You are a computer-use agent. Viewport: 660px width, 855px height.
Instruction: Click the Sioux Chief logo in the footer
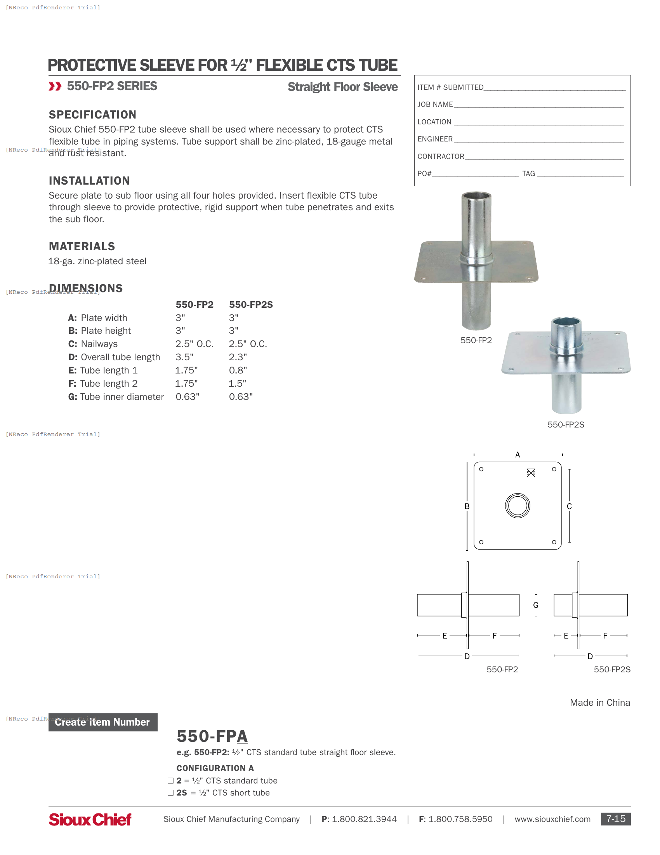coord(90,819)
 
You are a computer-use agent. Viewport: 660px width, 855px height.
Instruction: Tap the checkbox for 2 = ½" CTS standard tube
coord(170,781)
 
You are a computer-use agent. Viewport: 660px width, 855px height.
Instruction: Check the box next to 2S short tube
coord(170,793)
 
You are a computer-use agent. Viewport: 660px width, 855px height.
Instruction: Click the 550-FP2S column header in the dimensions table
coord(251,305)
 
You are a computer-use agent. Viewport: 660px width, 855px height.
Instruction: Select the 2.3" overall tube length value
coord(238,357)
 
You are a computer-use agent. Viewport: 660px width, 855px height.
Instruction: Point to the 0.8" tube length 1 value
coord(238,370)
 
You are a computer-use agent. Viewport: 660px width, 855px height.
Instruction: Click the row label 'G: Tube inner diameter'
coord(116,397)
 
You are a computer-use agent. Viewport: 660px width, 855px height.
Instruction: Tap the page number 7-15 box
coord(615,819)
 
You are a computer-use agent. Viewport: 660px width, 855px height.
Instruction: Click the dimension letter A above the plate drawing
coord(517,455)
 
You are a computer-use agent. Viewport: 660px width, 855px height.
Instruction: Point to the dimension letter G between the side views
coord(536,605)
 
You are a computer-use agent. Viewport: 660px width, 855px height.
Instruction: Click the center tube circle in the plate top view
coord(517,506)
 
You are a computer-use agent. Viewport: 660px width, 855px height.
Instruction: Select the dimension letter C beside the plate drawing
coord(569,506)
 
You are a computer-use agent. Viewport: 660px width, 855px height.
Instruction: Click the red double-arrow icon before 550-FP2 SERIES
coord(55,86)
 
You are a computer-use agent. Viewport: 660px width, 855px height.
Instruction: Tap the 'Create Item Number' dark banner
coord(102,722)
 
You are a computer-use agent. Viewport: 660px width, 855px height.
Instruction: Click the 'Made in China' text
coord(600,703)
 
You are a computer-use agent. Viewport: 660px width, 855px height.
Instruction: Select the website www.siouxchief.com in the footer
coord(552,819)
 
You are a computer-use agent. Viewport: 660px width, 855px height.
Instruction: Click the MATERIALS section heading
coord(82,247)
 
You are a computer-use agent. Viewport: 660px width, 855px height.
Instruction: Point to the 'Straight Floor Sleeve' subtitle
coord(342,87)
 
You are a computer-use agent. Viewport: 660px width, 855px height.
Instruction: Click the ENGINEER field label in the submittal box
coord(435,140)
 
